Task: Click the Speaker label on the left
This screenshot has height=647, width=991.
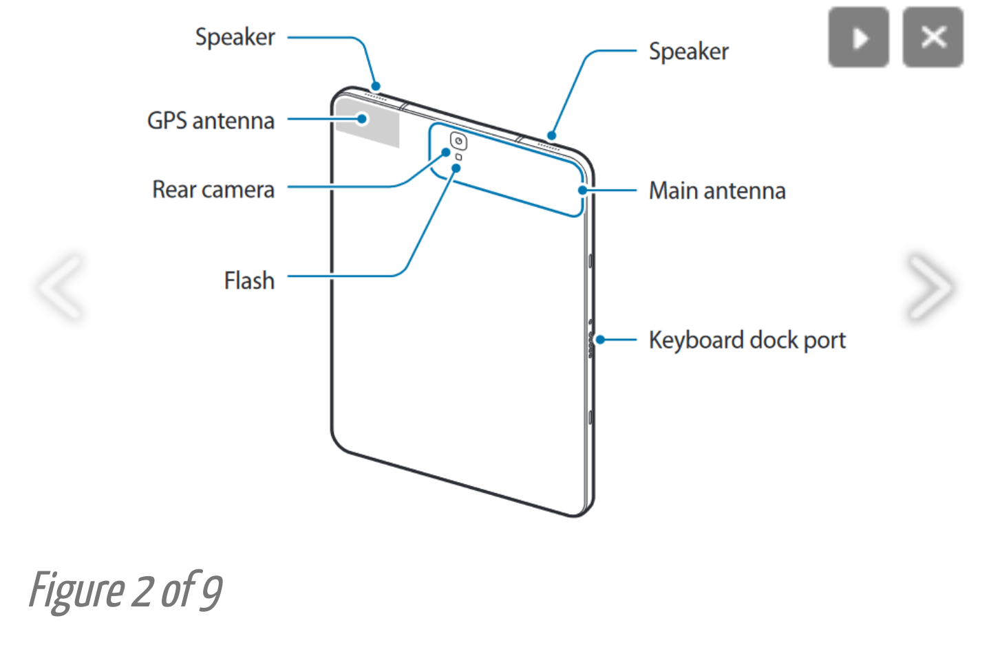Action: [235, 37]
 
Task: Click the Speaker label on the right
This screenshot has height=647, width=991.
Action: [688, 52]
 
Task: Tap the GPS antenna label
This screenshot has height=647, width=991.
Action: [211, 120]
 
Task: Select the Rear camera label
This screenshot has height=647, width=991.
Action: [213, 189]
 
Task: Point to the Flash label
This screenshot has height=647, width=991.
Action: [248, 281]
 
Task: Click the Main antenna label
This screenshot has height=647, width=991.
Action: [716, 190]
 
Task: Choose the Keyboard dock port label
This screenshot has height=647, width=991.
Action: [747, 340]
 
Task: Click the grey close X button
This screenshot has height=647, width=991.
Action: [933, 37]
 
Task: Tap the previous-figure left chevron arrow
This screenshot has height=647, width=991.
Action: [61, 287]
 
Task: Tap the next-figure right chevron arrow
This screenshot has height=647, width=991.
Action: [930, 287]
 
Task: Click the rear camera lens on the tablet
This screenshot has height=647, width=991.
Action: [458, 142]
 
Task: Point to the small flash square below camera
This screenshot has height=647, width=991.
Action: [459, 157]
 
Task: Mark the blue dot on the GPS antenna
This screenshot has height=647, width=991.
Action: [362, 119]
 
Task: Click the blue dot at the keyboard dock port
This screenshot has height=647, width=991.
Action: [600, 340]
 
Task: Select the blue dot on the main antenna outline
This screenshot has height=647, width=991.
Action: [583, 190]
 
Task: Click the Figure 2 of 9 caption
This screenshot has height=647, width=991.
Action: [126, 591]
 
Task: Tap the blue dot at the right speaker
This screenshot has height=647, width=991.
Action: [551, 135]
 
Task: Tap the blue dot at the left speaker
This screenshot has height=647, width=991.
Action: [376, 87]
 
